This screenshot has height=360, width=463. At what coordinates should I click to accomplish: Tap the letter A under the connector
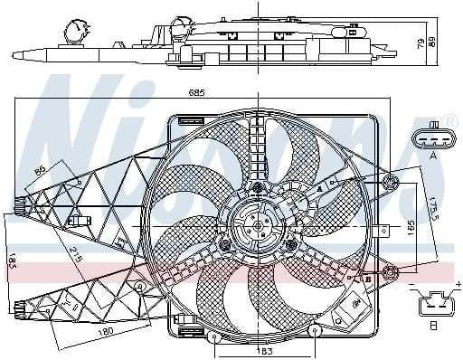433,156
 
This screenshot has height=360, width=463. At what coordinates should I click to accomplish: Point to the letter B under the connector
434,327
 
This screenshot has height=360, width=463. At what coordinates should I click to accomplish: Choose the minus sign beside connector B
412,286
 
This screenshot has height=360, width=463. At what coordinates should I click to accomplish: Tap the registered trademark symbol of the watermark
450,124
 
